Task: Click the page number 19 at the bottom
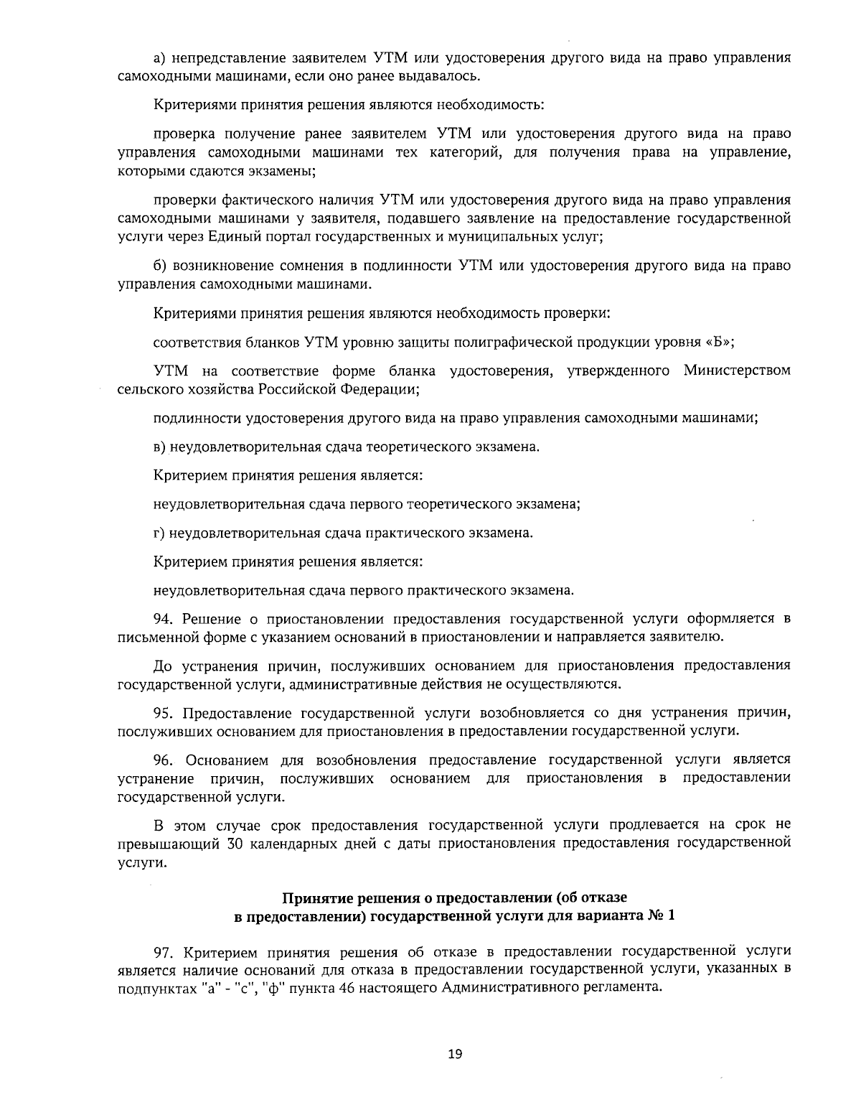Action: click(455, 1054)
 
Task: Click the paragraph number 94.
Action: click(164, 619)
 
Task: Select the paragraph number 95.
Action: click(164, 713)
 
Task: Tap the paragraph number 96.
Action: click(164, 760)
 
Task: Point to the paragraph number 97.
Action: click(164, 952)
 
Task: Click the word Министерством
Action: click(737, 370)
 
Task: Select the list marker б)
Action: click(161, 266)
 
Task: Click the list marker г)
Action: click(159, 533)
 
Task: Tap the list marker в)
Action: click(160, 447)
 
